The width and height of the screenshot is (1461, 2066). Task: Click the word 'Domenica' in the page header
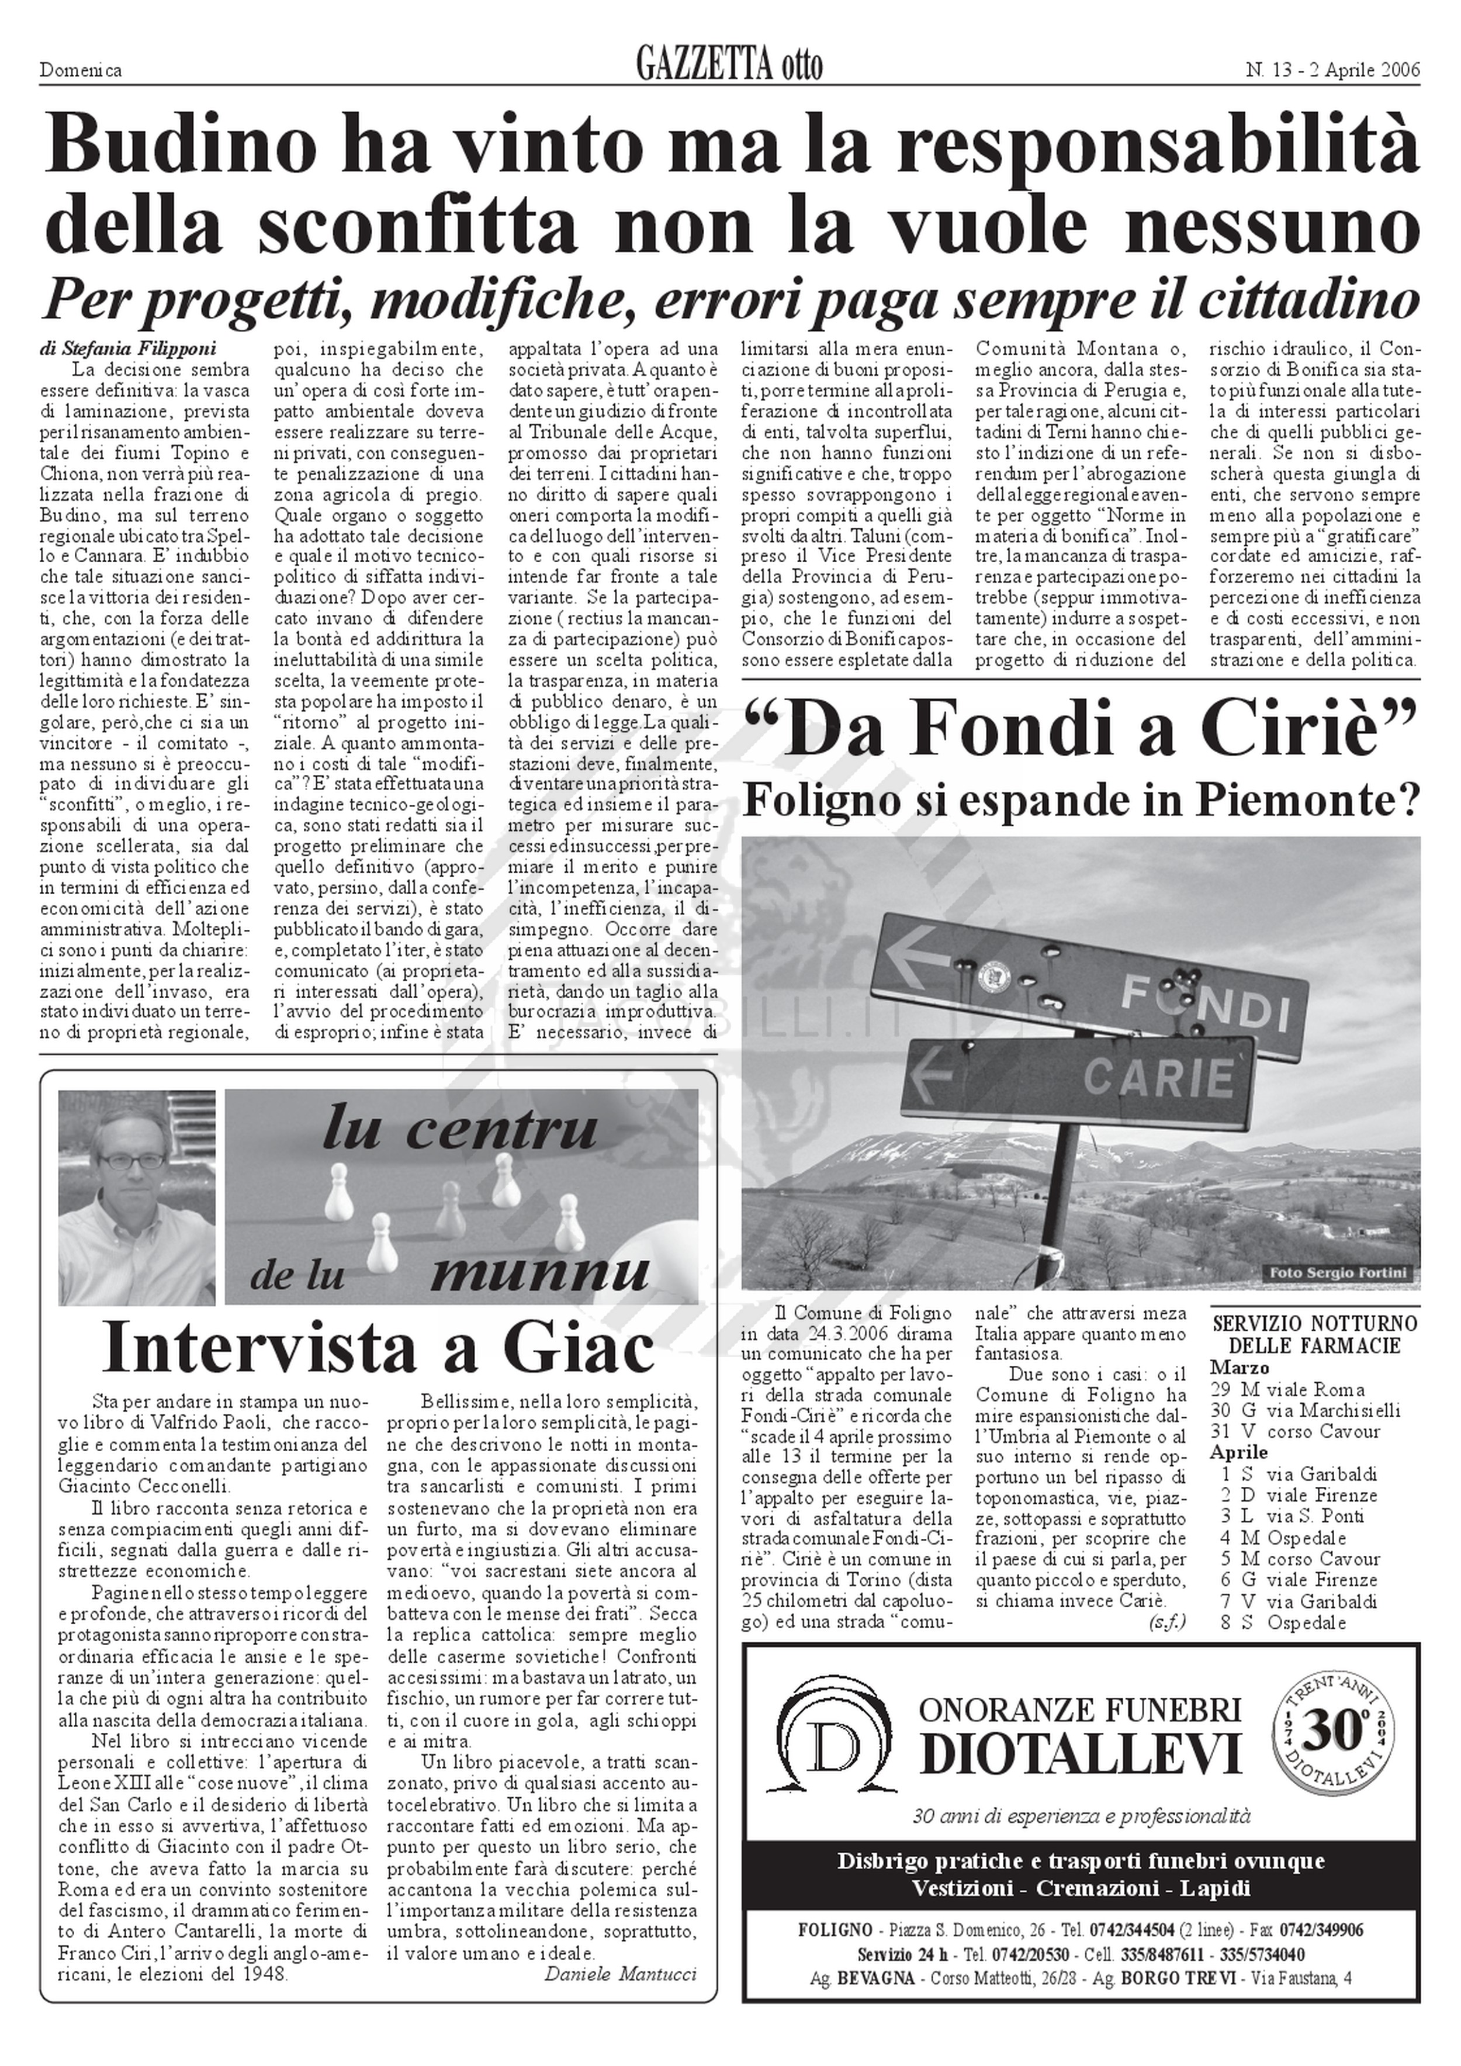81,70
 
